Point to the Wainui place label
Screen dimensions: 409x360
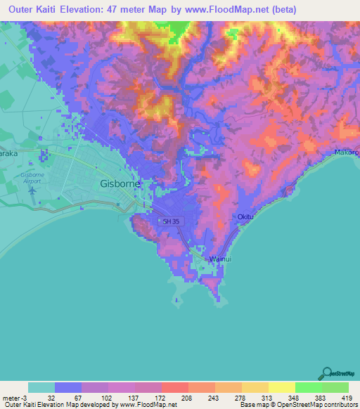point(220,259)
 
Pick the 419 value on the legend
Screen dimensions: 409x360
point(346,397)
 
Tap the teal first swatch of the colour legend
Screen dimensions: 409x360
point(41,387)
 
